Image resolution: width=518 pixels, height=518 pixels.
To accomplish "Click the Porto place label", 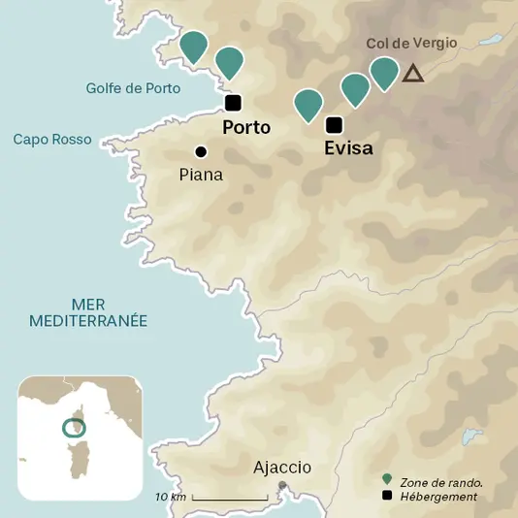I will (246, 127).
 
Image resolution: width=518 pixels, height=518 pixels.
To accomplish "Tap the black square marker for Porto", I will (233, 103).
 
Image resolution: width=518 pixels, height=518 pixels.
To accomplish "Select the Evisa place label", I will (348, 148).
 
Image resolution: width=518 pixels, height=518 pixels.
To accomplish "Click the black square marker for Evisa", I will (335, 124).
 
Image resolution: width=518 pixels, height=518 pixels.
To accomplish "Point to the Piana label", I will (202, 175).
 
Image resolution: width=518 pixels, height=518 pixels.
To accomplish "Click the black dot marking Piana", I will (201, 151).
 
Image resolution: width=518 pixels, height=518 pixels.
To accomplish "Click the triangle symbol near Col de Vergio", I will (413, 73).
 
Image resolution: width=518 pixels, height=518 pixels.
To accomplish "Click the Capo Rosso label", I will (52, 140).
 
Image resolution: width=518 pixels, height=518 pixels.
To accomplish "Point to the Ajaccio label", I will (282, 468).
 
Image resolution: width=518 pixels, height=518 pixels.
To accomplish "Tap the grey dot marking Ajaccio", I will (282, 485).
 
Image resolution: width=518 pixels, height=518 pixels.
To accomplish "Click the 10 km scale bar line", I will (230, 499).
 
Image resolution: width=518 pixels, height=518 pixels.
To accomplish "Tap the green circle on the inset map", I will (72, 428).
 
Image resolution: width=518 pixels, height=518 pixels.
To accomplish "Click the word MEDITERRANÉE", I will (88, 320).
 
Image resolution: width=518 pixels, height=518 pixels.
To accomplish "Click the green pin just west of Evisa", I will (308, 102).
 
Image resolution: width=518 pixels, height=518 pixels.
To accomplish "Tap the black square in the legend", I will (388, 497).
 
